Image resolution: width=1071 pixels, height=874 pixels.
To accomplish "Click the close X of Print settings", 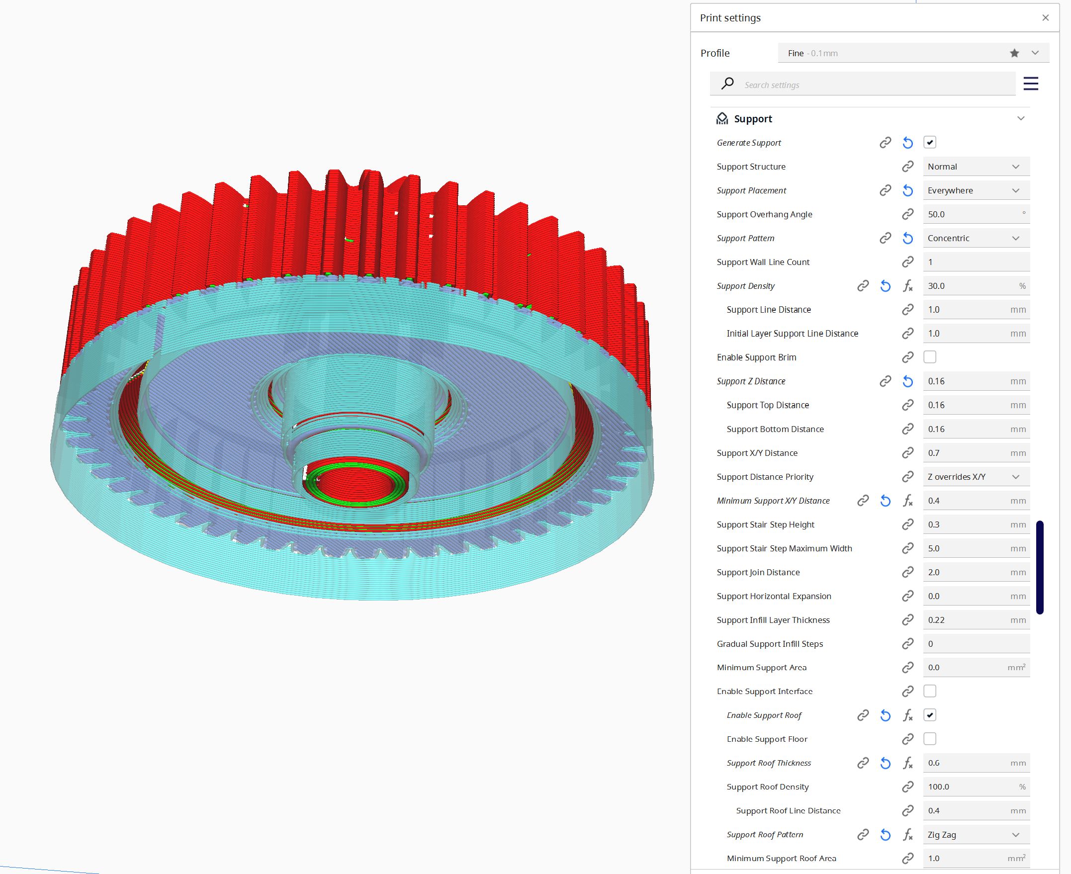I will click(x=1045, y=17).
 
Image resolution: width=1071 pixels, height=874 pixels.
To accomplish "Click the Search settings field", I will click(x=876, y=85).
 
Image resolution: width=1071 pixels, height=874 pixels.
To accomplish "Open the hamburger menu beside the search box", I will click(x=1030, y=84).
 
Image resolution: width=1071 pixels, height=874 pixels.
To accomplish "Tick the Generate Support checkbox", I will click(x=929, y=143).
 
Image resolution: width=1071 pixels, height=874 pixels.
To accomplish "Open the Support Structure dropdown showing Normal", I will click(x=976, y=167).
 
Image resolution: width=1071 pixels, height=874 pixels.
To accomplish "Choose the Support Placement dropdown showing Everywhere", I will click(x=976, y=190).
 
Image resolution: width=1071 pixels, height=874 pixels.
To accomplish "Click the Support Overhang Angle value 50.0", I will click(x=972, y=214).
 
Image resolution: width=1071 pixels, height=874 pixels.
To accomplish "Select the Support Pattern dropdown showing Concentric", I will click(x=976, y=238).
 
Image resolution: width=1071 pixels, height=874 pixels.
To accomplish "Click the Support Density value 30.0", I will click(x=969, y=286).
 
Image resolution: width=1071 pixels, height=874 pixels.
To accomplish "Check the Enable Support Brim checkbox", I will click(x=929, y=357).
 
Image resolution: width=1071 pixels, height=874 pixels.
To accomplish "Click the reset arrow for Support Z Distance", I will click(x=907, y=381).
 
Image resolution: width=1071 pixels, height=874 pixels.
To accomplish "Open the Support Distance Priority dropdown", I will click(x=976, y=477).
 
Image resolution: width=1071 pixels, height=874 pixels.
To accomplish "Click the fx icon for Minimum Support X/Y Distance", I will click(x=907, y=501).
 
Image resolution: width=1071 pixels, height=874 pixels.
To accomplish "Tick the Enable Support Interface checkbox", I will click(x=929, y=691).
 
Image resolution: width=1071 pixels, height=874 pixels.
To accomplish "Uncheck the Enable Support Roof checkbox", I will click(x=929, y=715).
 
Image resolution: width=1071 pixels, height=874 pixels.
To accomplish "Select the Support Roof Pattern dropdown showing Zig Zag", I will click(x=976, y=835).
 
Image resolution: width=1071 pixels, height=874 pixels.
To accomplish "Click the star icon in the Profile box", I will click(x=1014, y=53).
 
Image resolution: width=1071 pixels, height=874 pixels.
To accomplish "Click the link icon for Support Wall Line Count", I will click(x=907, y=262).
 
